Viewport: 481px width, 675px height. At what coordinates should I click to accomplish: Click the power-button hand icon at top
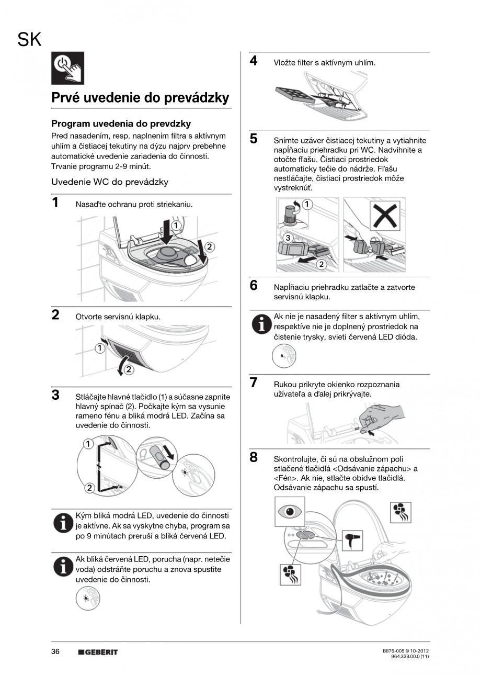(x=67, y=68)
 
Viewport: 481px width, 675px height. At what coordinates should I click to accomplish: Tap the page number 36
(x=55, y=652)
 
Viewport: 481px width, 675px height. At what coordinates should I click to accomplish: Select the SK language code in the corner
(x=29, y=39)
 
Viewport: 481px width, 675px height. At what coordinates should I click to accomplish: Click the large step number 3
(x=55, y=395)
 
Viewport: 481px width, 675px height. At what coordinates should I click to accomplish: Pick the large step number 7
(x=254, y=383)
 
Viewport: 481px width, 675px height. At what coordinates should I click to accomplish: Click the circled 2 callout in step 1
(x=209, y=247)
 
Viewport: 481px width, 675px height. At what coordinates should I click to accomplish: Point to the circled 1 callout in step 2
(x=99, y=348)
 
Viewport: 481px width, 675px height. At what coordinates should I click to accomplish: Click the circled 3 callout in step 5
(x=288, y=238)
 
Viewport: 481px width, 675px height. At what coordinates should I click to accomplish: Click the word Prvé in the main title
(x=65, y=98)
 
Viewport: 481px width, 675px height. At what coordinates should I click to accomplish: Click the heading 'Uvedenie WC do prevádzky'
(x=110, y=182)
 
